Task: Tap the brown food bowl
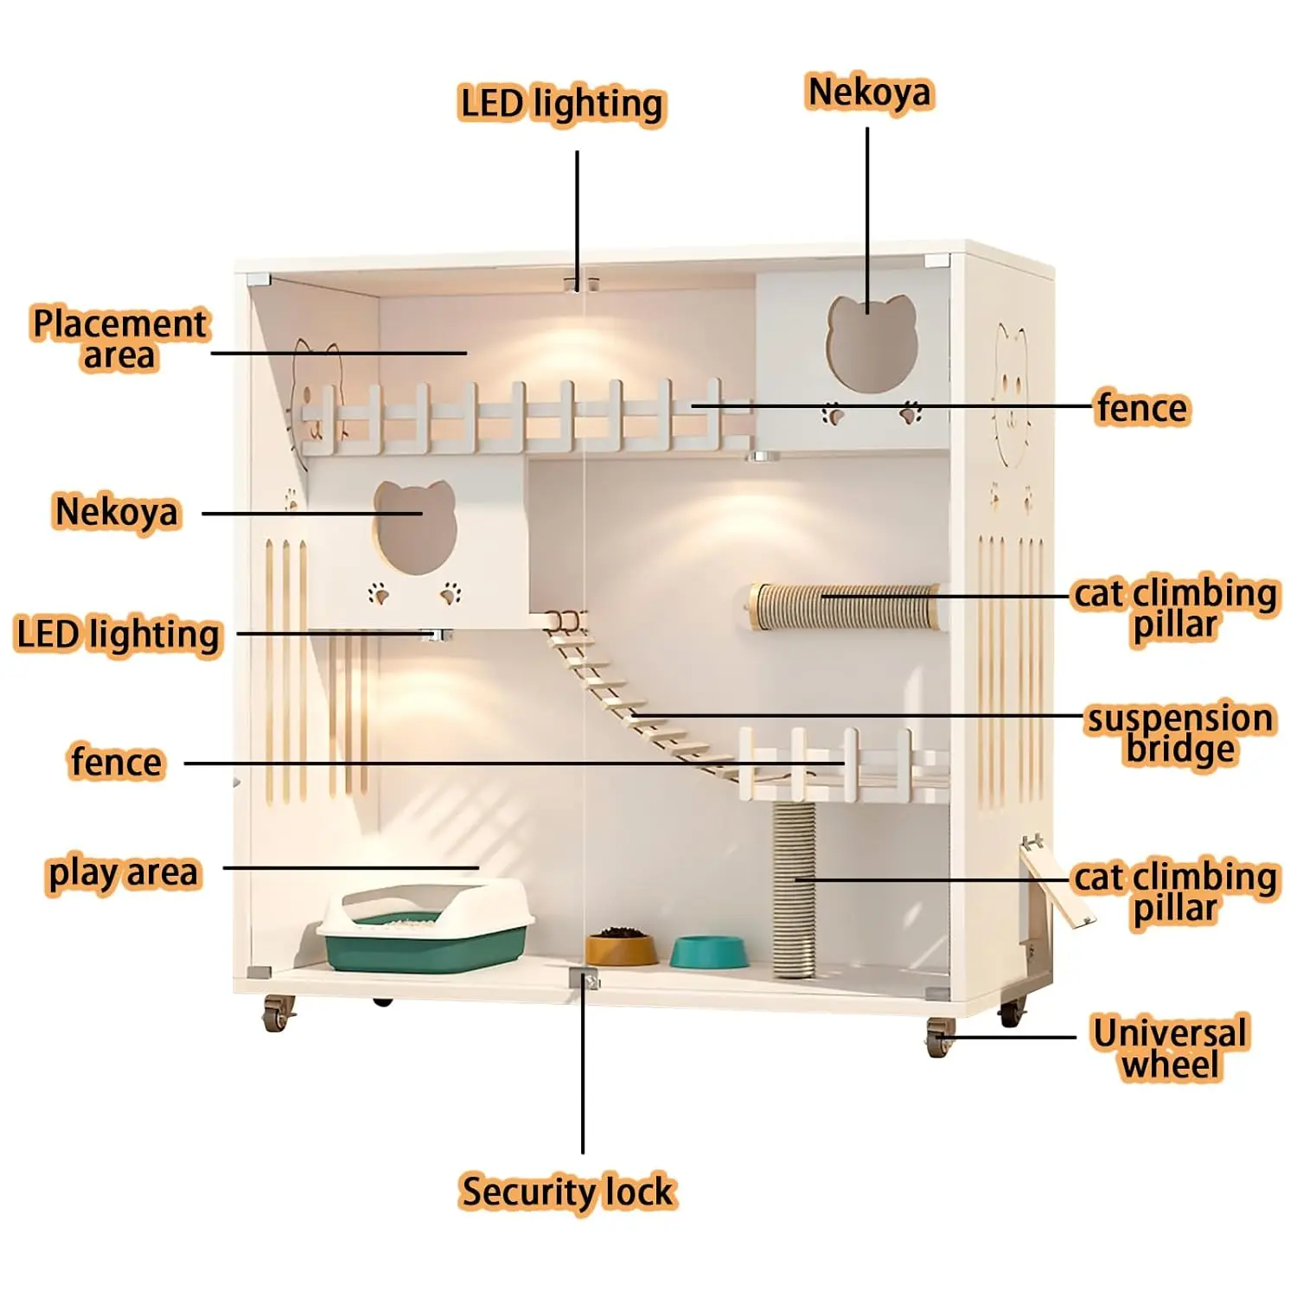621,946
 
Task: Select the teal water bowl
709,952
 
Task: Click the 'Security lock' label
567,1192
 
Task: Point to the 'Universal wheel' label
1171,1048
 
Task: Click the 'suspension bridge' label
1180,734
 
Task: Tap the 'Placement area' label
119,339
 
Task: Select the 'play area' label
123,873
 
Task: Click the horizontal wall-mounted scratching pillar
845,606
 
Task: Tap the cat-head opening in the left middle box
415,527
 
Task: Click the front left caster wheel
278,1013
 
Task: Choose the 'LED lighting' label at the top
562,105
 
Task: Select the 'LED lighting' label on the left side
118,635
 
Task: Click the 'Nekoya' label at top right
870,93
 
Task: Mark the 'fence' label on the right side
1142,408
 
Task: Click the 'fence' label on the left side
116,763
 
